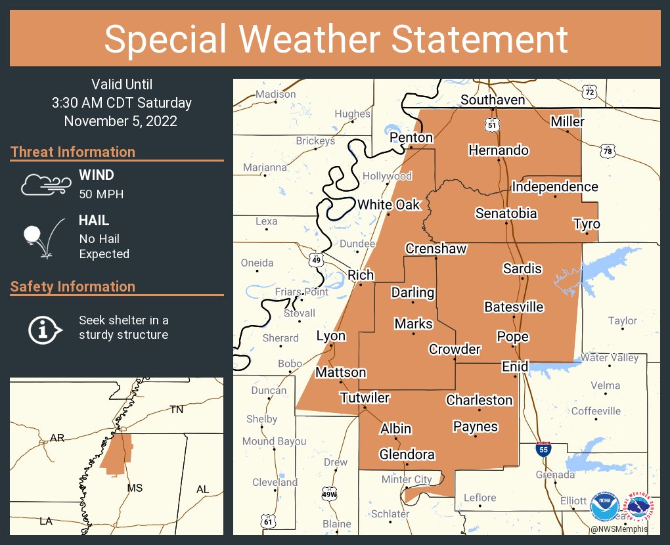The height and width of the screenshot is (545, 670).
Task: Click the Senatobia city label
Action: tap(506, 213)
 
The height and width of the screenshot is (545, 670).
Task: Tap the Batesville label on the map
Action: tap(514, 307)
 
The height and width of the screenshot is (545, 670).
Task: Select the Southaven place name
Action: tap(492, 100)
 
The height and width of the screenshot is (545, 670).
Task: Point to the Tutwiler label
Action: tap(365, 398)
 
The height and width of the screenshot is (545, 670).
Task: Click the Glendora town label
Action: tap(407, 454)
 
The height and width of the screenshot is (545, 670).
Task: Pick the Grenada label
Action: tap(555, 474)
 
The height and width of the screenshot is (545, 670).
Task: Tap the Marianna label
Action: tap(265, 167)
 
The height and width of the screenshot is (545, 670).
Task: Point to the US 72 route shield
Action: tap(591, 93)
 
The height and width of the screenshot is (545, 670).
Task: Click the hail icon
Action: tap(43, 236)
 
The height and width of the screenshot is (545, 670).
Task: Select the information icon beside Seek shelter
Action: tap(45, 328)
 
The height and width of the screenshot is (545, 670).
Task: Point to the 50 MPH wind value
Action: tap(101, 194)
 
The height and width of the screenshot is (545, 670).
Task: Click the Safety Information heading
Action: tap(73, 286)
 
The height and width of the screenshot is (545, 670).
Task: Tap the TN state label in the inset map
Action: tap(176, 409)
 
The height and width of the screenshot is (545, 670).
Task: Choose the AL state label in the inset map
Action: tap(202, 489)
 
